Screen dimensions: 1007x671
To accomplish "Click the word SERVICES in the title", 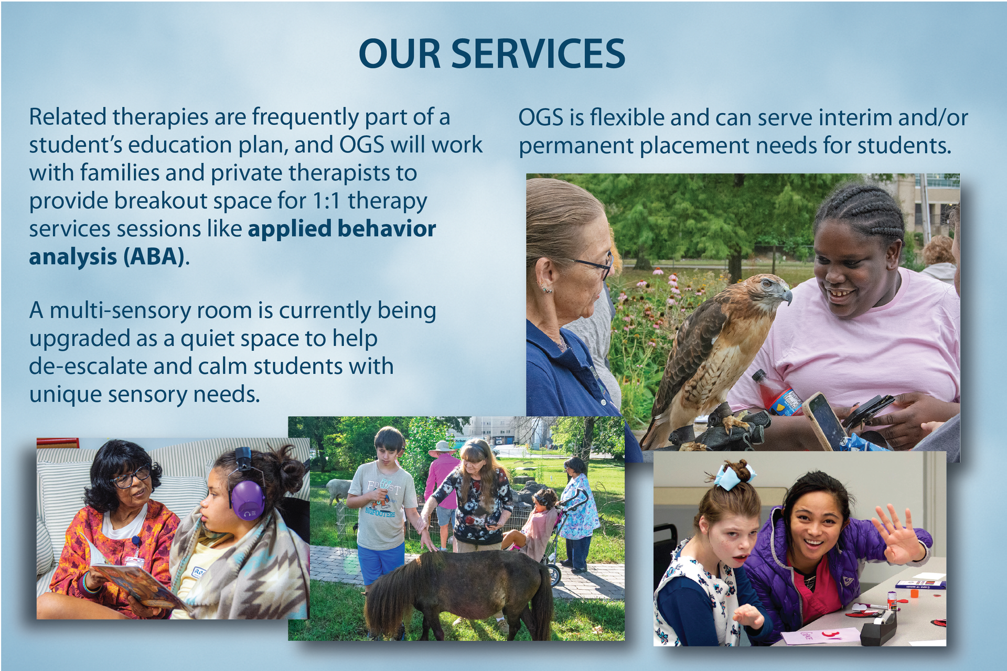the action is (x=538, y=54).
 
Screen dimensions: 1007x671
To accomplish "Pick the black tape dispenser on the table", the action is (x=877, y=627).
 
